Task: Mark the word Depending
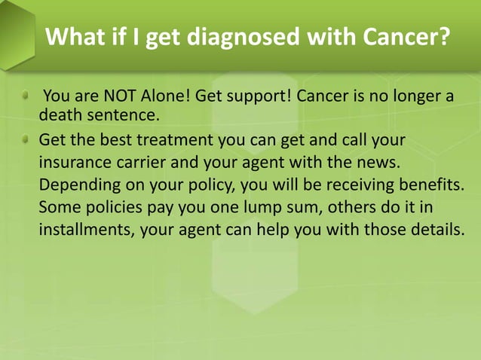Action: [78, 185]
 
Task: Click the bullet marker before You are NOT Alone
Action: [24, 96]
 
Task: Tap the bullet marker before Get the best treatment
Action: [24, 140]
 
